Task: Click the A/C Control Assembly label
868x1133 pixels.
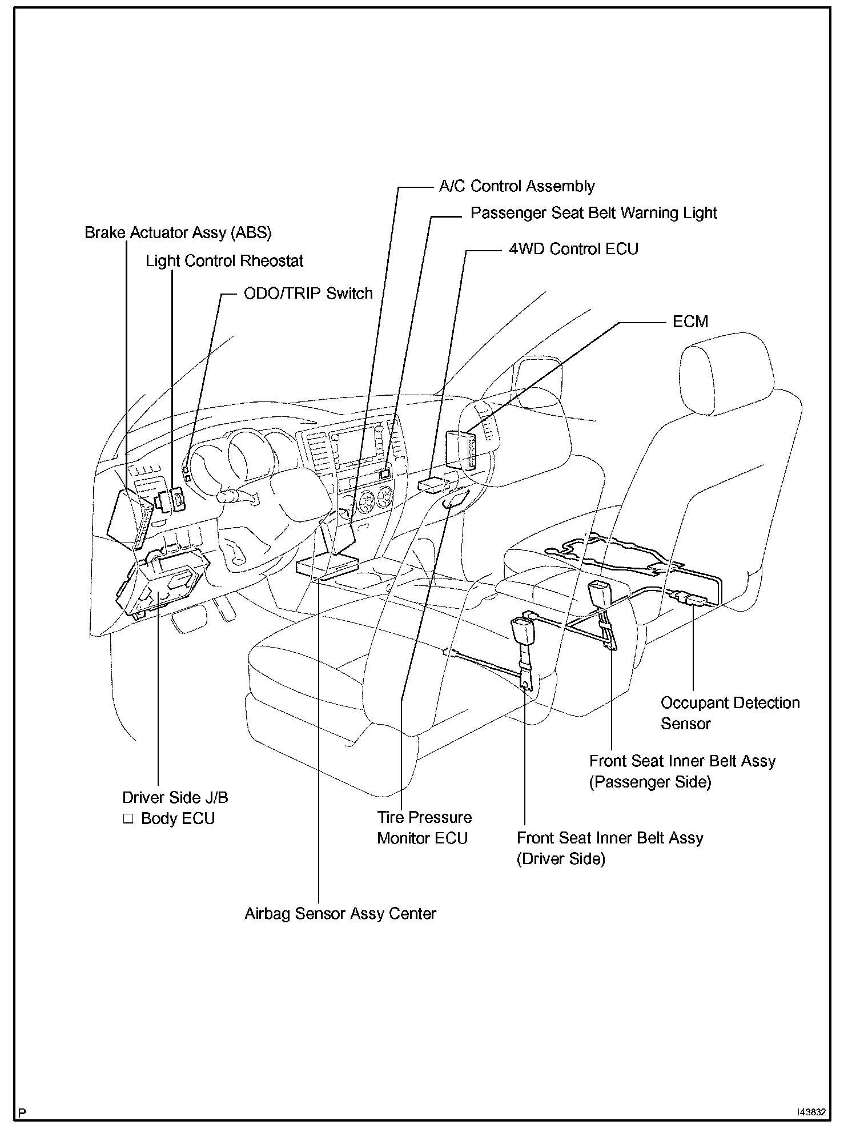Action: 516,186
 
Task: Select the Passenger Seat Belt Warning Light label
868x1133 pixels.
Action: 593,213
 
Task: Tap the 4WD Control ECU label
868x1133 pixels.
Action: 573,249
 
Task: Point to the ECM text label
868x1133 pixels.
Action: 690,322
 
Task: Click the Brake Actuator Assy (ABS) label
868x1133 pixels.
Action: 178,233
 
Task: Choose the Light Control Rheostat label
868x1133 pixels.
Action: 224,261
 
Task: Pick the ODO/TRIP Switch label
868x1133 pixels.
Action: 308,294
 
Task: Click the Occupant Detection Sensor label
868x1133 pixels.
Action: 730,713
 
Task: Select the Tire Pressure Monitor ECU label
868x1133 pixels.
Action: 424,827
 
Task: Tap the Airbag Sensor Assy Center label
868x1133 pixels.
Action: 340,914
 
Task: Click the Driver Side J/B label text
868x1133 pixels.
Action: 175,798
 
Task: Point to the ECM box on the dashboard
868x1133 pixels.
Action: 461,449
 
